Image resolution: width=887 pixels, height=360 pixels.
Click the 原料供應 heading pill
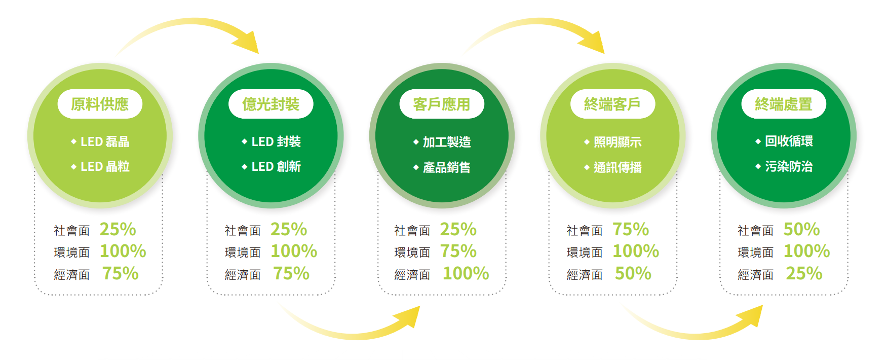point(100,104)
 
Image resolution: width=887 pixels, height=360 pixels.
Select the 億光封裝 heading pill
point(271,104)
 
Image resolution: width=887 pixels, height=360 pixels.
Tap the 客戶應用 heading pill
point(442,104)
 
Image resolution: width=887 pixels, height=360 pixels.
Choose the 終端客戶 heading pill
point(612,104)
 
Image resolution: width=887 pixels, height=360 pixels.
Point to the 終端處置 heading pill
point(784,104)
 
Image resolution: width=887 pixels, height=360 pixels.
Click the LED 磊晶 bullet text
point(105,141)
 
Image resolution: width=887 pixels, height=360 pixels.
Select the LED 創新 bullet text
point(276,166)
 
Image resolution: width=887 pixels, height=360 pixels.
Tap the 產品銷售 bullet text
point(447,167)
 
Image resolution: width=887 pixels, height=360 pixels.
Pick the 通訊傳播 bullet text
point(618,167)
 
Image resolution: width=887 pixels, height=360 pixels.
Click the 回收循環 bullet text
point(789,141)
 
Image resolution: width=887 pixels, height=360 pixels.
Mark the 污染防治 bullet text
point(789,166)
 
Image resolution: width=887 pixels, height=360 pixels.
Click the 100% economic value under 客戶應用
point(466,274)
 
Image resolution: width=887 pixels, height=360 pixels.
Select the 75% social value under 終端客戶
point(631,230)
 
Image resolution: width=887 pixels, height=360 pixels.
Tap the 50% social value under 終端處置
point(802,230)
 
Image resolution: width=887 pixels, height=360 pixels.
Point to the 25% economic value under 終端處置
point(804,274)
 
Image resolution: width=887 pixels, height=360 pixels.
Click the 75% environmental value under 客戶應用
point(458,251)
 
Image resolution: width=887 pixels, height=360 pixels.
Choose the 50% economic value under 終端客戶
point(633,274)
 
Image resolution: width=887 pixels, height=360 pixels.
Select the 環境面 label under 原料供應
point(72,252)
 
